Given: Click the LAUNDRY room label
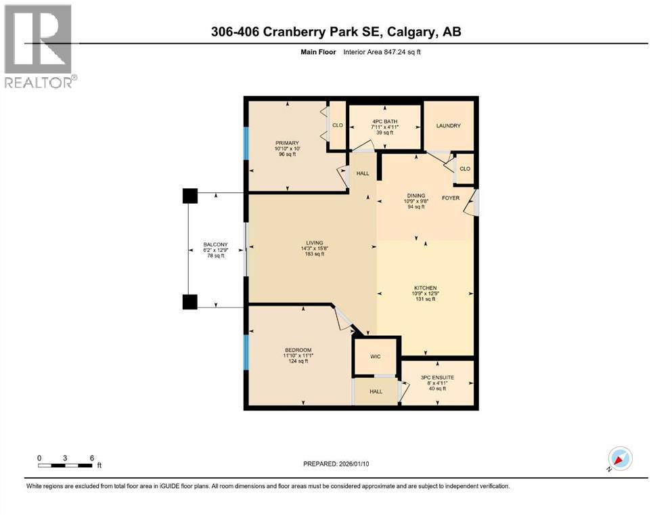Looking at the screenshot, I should (x=449, y=125).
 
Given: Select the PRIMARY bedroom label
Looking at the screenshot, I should (x=287, y=143).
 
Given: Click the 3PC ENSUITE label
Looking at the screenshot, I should (x=437, y=376).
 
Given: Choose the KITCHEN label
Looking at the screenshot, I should (x=426, y=288).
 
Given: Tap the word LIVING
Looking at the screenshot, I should (x=313, y=243).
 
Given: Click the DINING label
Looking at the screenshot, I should (x=416, y=195).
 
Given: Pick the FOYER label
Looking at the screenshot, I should (x=451, y=198).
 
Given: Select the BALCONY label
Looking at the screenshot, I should (x=217, y=245).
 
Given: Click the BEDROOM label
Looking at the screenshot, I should (x=298, y=349).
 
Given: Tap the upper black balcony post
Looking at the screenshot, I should (x=190, y=196).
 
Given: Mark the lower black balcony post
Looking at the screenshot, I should (x=190, y=302).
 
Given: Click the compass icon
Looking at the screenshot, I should (x=619, y=459).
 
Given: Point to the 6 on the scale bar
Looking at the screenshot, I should (x=91, y=458).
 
